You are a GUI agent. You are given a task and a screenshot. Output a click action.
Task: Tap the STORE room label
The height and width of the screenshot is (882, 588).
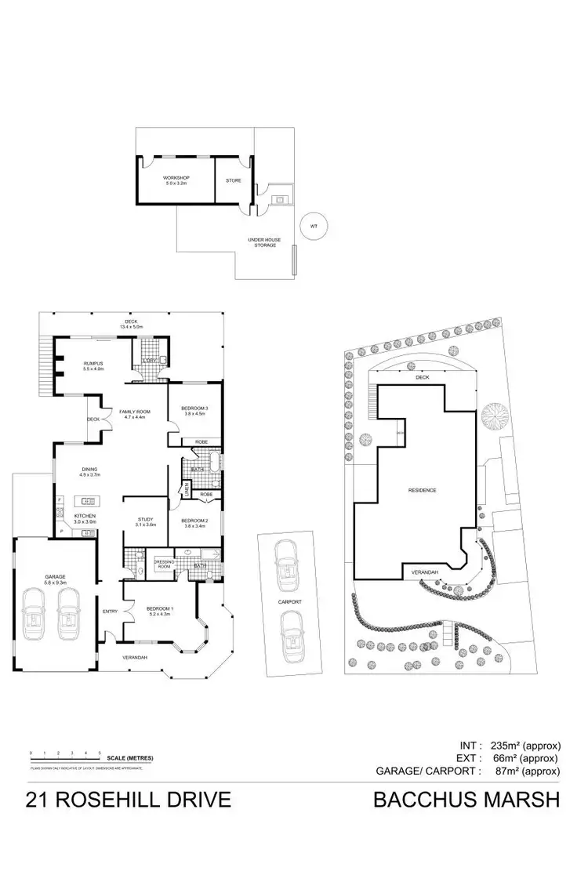234,180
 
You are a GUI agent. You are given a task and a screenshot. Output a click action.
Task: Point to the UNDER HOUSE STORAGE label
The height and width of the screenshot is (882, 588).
264,242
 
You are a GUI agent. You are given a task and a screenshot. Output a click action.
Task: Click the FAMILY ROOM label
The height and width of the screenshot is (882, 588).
134,413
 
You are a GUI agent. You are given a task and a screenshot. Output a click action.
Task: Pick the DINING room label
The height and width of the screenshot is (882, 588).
89,472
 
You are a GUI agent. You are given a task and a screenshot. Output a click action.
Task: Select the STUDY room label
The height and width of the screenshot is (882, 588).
146,521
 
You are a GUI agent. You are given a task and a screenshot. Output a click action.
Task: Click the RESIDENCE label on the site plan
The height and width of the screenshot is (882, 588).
422,491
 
